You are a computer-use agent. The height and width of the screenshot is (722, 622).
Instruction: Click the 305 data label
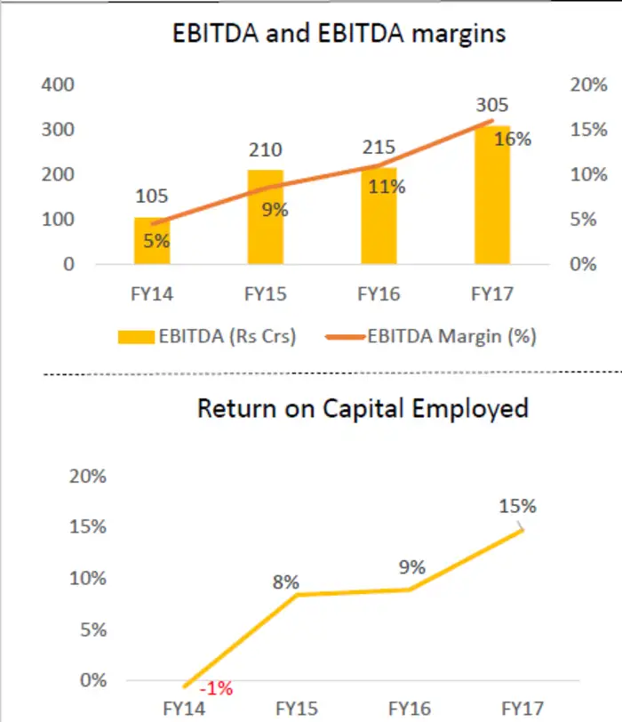click(x=491, y=107)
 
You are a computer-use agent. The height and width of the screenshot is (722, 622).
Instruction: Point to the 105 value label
click(x=152, y=197)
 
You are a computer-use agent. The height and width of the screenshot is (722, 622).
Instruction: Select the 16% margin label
click(x=514, y=139)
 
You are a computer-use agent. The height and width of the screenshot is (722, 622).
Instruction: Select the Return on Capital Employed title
click(x=363, y=408)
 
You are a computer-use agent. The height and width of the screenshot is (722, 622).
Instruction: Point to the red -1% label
click(x=216, y=689)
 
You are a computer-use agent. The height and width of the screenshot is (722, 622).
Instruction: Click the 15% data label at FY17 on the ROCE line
click(x=517, y=506)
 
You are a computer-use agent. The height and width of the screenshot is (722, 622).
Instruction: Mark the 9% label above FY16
click(x=411, y=567)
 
